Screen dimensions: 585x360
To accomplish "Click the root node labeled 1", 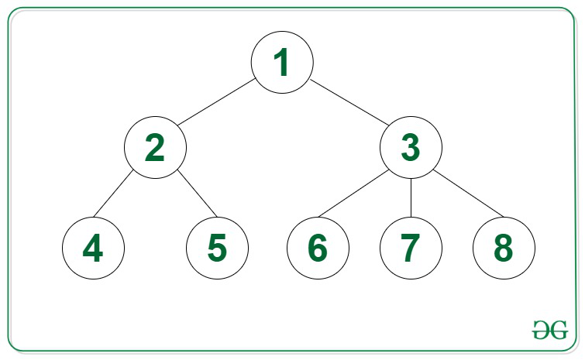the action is pyautogui.click(x=282, y=62).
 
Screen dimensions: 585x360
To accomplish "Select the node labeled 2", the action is pyautogui.click(x=155, y=148).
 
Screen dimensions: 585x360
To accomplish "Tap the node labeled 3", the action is pyautogui.click(x=411, y=148).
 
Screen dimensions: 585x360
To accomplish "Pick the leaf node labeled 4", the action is pyautogui.click(x=93, y=248).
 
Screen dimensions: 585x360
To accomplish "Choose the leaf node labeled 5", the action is pyautogui.click(x=217, y=248).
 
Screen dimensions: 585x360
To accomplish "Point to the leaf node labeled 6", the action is pyautogui.click(x=318, y=248).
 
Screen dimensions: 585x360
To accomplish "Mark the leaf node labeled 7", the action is pyautogui.click(x=411, y=248).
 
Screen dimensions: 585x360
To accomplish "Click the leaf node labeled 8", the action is pyautogui.click(x=504, y=248).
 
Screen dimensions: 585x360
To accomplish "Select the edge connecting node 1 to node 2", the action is pyautogui.click(x=216, y=102).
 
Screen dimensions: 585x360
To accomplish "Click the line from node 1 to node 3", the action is pyautogui.click(x=349, y=102).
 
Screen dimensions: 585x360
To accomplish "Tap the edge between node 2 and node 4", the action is pyautogui.click(x=113, y=193).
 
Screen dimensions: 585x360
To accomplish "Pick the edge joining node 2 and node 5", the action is pyautogui.click(x=197, y=193).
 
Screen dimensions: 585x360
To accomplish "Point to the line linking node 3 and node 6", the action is pyautogui.click(x=353, y=194).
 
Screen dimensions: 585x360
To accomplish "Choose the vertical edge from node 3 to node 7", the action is pyautogui.click(x=411, y=198).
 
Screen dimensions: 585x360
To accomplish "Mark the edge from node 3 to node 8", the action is pyautogui.click(x=468, y=194).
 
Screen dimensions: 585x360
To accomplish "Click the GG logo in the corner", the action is pyautogui.click(x=550, y=330).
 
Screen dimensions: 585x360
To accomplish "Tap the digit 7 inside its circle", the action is pyautogui.click(x=411, y=248).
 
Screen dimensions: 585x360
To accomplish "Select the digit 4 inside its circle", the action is pyautogui.click(x=93, y=248).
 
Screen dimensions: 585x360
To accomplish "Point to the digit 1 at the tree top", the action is pyautogui.click(x=282, y=62).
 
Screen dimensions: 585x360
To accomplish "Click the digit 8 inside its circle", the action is pyautogui.click(x=504, y=248).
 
